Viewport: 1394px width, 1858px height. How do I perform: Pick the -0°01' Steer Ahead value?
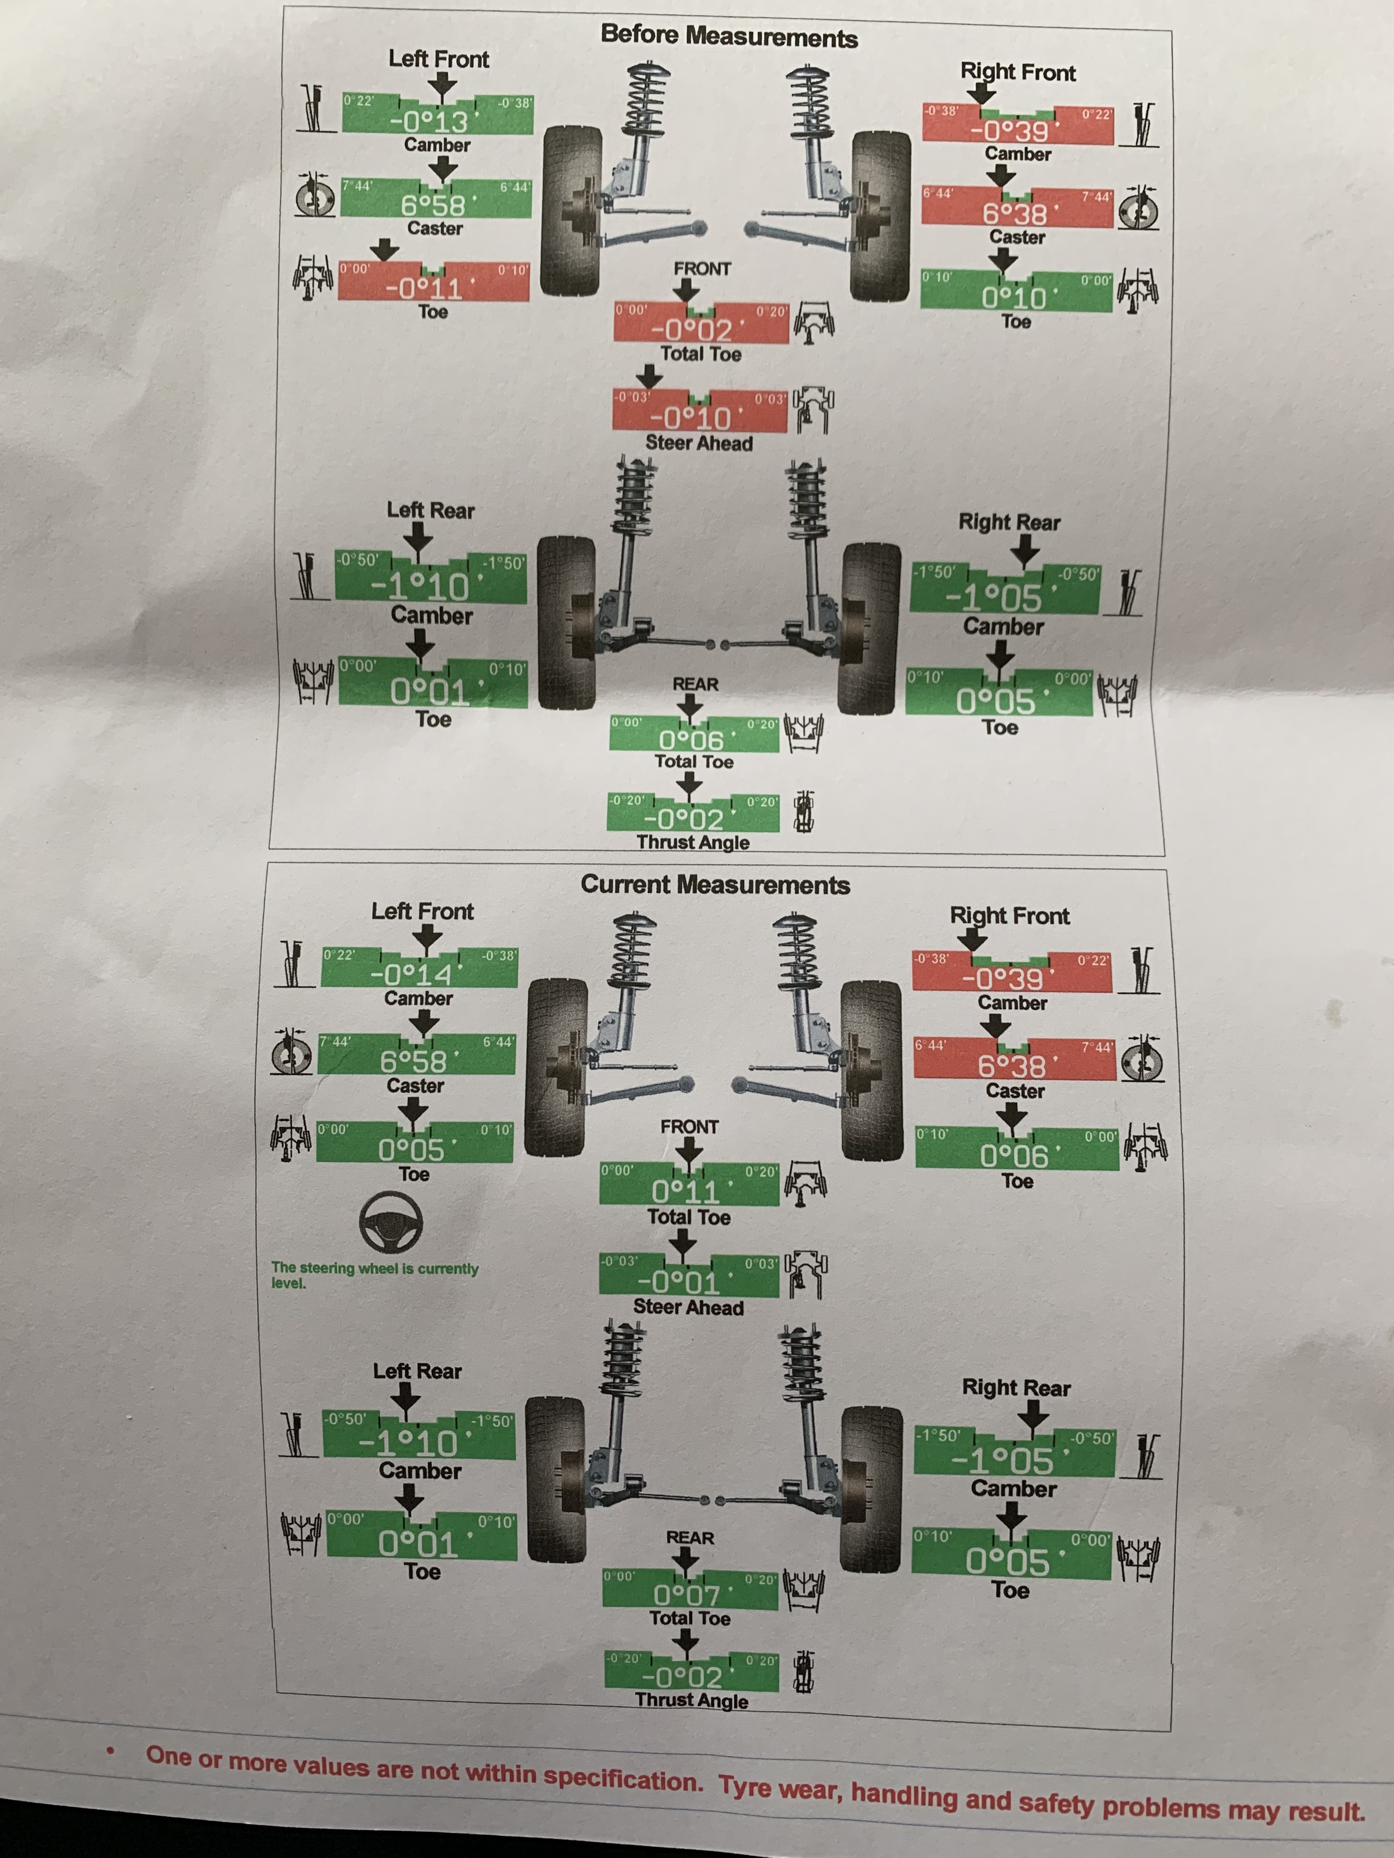[685, 1282]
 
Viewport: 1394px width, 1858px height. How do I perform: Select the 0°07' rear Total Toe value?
[686, 1594]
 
